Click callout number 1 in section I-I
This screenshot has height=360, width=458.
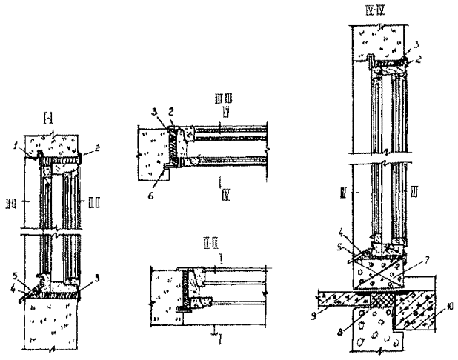tap(24, 151)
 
